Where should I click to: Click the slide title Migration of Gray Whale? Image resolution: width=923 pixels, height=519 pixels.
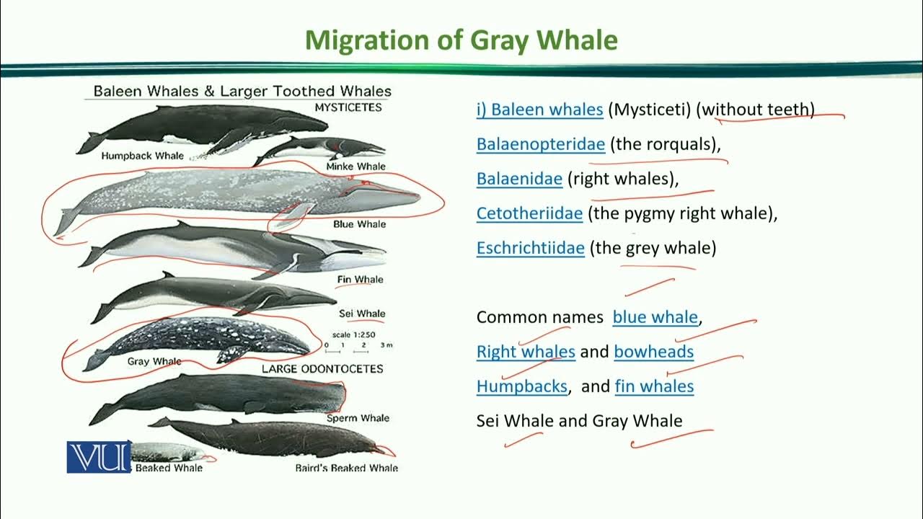click(x=461, y=40)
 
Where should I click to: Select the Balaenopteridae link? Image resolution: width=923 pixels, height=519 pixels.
click(x=540, y=144)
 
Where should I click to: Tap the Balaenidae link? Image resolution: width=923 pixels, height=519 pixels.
click(x=519, y=179)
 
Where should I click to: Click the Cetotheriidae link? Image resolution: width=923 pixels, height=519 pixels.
click(x=529, y=213)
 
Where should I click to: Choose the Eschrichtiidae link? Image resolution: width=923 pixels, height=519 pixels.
click(x=530, y=248)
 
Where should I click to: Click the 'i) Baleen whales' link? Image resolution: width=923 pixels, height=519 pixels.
click(x=539, y=110)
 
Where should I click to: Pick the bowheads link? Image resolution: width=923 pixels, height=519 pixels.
click(x=653, y=352)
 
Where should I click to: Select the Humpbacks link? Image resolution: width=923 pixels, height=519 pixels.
click(x=521, y=386)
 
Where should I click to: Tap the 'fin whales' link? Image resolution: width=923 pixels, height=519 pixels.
click(x=654, y=386)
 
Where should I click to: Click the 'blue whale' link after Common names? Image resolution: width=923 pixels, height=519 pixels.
click(x=655, y=317)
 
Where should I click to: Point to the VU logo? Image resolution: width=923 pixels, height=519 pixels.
click(x=99, y=457)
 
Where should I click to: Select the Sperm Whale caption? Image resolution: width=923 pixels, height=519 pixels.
click(x=358, y=418)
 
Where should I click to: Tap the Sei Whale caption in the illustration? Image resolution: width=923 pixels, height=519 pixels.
click(x=362, y=314)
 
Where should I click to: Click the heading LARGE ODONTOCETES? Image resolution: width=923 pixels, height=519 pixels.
click(x=322, y=369)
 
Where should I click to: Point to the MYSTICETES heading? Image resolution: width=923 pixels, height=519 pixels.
click(x=348, y=107)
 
